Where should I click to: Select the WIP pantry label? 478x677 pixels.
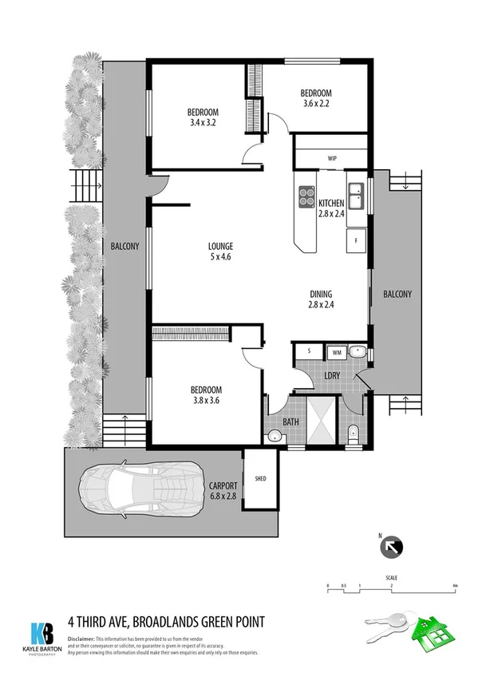(332, 158)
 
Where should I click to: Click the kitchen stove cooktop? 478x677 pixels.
(307, 196)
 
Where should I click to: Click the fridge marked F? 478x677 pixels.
(356, 239)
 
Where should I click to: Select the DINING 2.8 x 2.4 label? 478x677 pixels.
(320, 299)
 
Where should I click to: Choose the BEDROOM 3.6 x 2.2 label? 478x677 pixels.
(317, 97)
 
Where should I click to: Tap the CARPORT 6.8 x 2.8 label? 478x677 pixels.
(221, 489)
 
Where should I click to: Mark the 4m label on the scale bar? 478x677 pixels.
(454, 586)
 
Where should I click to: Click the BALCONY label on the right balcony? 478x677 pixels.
(397, 294)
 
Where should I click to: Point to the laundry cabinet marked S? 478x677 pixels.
(309, 350)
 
